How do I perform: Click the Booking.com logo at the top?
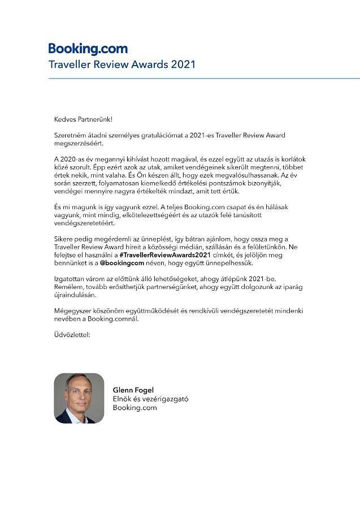(88, 49)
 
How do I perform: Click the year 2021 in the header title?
(182, 64)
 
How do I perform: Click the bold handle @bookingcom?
(123, 264)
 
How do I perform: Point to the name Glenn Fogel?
(133, 390)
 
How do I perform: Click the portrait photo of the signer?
(79, 398)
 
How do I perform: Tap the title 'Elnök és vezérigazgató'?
(150, 399)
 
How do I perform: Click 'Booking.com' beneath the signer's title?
(135, 407)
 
